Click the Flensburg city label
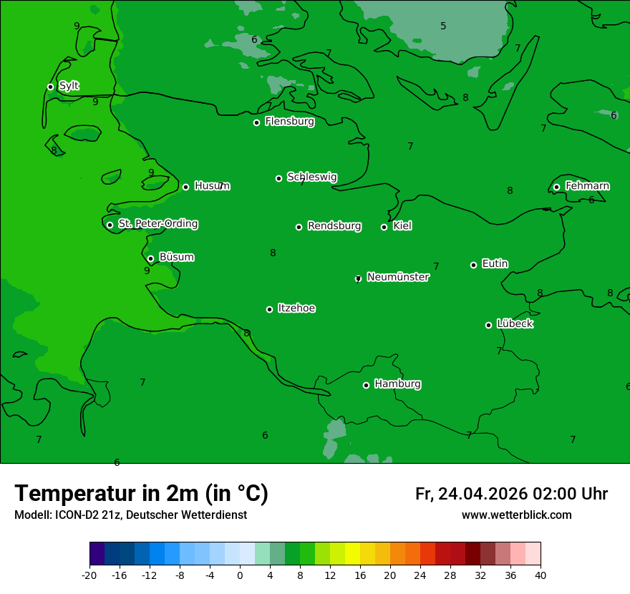point(289,122)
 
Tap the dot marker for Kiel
point(384,227)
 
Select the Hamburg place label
point(397,384)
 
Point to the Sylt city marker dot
point(51,87)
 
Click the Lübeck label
point(515,324)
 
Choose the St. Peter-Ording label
point(158,224)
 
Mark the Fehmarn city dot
point(557,187)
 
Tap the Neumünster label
point(398,277)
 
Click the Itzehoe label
point(296,308)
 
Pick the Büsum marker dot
point(150,258)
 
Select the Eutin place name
point(495,264)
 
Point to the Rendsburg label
point(334,226)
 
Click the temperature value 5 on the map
point(443,26)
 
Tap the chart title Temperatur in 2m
point(141,494)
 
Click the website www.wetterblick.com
point(516,515)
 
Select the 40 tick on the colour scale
point(541,575)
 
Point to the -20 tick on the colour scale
point(89,575)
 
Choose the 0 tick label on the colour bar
point(240,575)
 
